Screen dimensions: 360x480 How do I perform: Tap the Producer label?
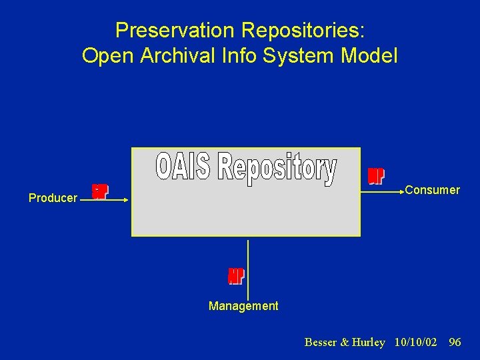point(53,198)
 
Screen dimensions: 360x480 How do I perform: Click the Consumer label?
point(432,190)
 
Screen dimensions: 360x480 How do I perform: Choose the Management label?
point(243,306)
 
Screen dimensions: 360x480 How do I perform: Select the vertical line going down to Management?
point(248,267)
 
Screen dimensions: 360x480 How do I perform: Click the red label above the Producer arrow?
point(99,191)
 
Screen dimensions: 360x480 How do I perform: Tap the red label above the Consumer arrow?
point(376,176)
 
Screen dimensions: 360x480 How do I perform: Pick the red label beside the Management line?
point(236,276)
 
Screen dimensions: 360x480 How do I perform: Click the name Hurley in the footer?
point(369,342)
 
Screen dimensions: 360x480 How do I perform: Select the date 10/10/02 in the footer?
point(415,342)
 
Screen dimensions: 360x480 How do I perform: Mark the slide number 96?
point(455,342)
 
